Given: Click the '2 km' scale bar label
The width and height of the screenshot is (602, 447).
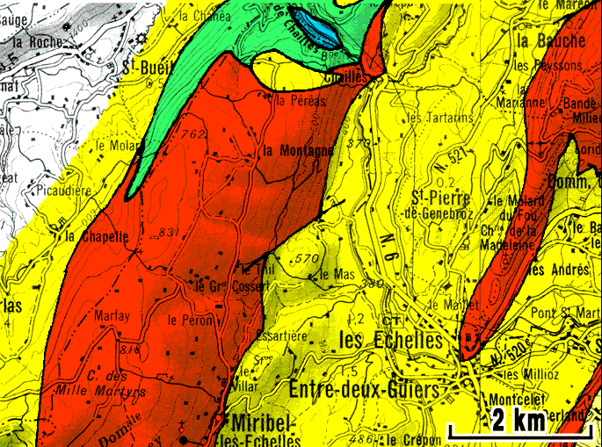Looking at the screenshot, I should (519, 421).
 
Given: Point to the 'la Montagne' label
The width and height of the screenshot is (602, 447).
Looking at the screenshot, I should (298, 150).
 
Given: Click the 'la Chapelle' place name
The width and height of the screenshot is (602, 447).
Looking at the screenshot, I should (96, 236).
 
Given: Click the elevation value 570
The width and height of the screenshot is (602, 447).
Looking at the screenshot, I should (307, 259).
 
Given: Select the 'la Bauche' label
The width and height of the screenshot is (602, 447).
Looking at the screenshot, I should (551, 40).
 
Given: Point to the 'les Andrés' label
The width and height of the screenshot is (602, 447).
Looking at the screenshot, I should (559, 270).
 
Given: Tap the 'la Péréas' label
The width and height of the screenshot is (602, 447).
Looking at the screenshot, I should (294, 101).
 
